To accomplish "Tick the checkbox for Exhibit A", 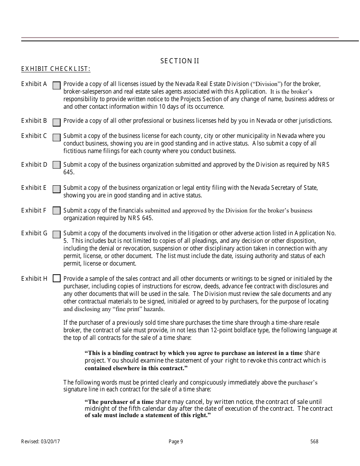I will click(x=56, y=86).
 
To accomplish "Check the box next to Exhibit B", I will click(x=56, y=122).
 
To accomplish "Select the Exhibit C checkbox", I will click(x=56, y=137).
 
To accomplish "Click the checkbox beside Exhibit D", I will click(x=56, y=165).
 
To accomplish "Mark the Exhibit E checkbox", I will click(x=56, y=189).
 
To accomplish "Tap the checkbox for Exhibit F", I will click(x=56, y=210).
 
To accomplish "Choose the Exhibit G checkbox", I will click(x=56, y=235).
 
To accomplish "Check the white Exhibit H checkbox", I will click(x=56, y=278).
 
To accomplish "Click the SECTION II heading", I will click(x=180, y=61).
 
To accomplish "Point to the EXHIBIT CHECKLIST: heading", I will click(x=56, y=69).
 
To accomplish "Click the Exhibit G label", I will click(x=34, y=233).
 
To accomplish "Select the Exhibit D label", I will click(x=34, y=164).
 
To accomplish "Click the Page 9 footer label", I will click(x=176, y=441).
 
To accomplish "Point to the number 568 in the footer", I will click(x=314, y=441).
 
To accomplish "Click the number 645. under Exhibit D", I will click(x=69, y=172).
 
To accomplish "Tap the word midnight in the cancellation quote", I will click(x=97, y=408).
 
